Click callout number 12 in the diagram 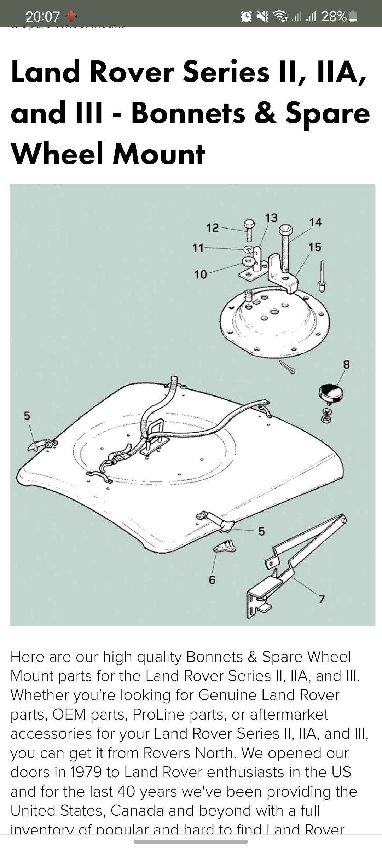point(212,228)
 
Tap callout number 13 point(271,218)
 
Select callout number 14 point(315,222)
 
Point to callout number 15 point(314,247)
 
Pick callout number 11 point(198,248)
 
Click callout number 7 point(321,599)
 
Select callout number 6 point(212,579)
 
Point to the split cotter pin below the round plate point(287,367)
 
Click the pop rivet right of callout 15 point(322,278)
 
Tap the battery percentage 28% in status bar point(334,16)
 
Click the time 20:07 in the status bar point(42,17)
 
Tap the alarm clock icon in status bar point(246,16)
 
